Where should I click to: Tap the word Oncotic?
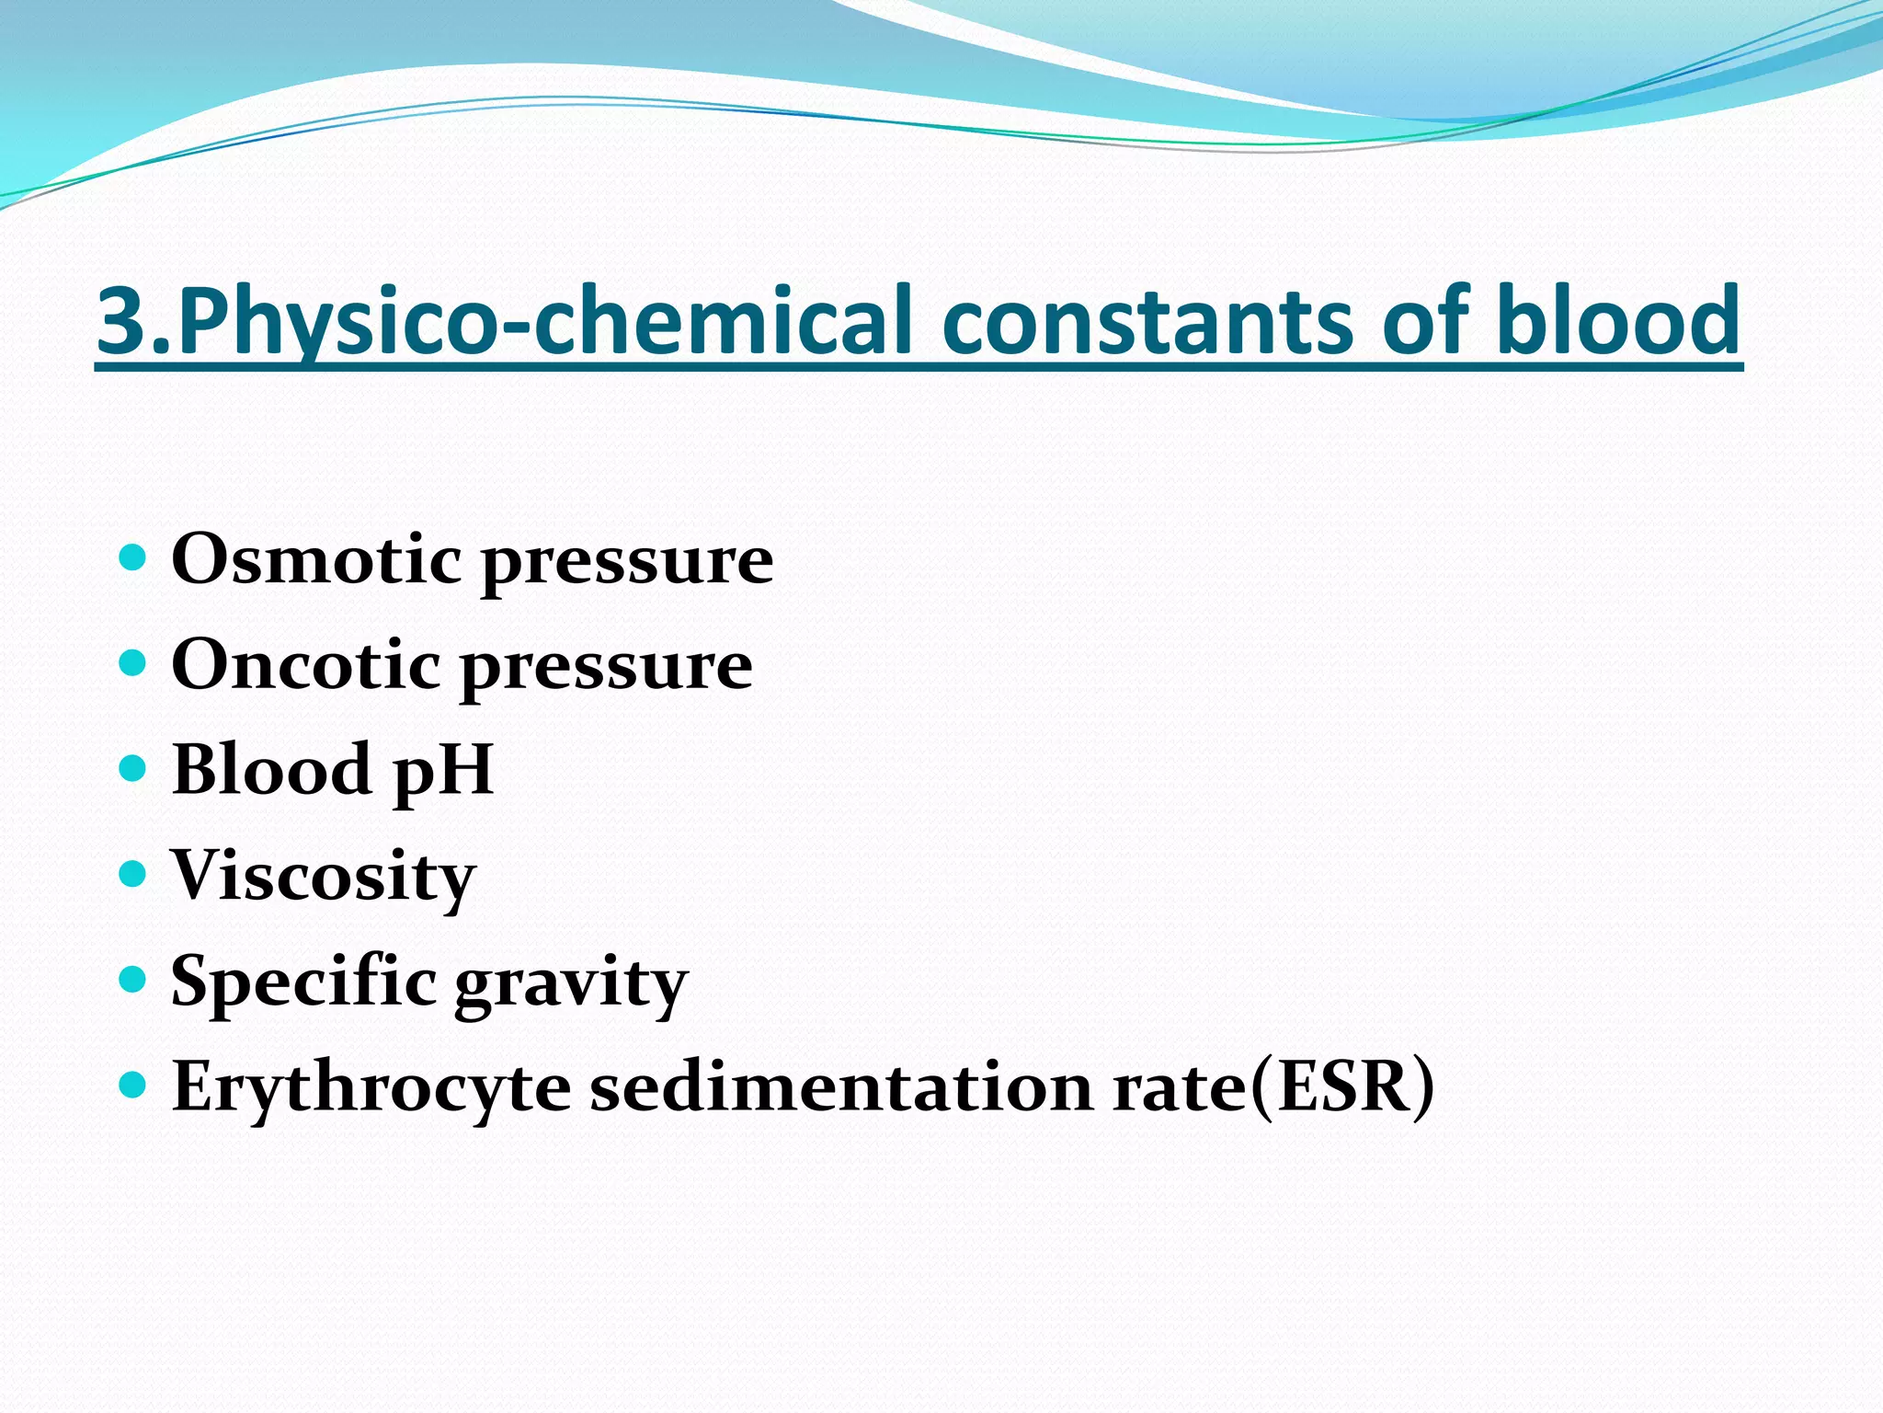305,664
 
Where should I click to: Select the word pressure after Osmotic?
628,562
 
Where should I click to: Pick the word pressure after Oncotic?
607,668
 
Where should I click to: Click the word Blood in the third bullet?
271,769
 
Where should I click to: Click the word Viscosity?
323,877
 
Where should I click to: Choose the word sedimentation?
841,1087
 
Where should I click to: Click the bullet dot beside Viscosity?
133,873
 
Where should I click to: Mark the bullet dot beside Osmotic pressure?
133,557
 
